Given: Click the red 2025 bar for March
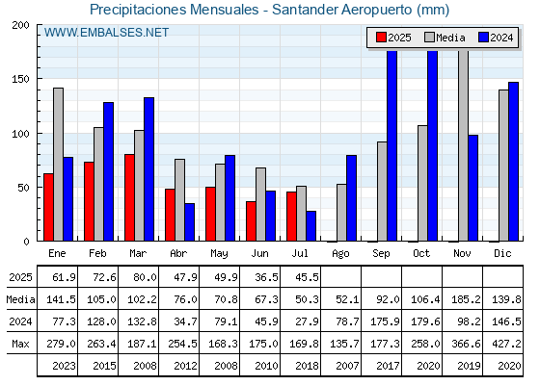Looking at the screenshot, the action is pyautogui.click(x=129, y=197).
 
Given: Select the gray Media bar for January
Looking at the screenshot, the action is pyautogui.click(x=58, y=165).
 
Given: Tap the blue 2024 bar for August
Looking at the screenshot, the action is pyautogui.click(x=351, y=198).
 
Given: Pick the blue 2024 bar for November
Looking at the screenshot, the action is pyautogui.click(x=472, y=188).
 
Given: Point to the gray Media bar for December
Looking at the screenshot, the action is pyautogui.click(x=503, y=166).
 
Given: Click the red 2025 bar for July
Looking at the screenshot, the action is pyautogui.click(x=291, y=217).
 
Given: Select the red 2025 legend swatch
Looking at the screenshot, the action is pyautogui.click(x=381, y=38).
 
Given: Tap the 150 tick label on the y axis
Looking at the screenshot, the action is pyautogui.click(x=20, y=79).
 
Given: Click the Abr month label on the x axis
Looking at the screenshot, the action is pyautogui.click(x=178, y=253).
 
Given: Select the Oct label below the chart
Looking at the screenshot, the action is pyautogui.click(x=421, y=253).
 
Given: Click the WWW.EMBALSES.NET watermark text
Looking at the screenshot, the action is pyautogui.click(x=106, y=33).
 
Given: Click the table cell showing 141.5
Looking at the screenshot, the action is pyautogui.click(x=61, y=299).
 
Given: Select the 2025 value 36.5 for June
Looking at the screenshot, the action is pyautogui.click(x=266, y=277).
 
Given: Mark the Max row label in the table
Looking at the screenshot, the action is pyautogui.click(x=20, y=344).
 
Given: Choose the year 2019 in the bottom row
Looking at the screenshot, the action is pyautogui.click(x=469, y=366).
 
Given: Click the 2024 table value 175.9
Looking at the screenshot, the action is pyautogui.click(x=386, y=321).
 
